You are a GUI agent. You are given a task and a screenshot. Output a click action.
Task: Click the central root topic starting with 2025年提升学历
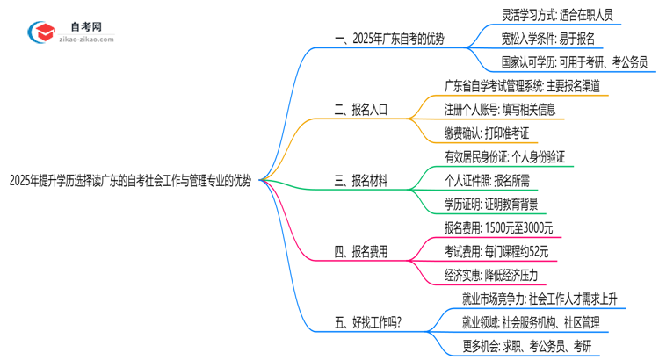coord(130,182)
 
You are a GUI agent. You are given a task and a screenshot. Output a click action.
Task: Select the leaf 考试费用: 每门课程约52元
coord(496,252)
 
